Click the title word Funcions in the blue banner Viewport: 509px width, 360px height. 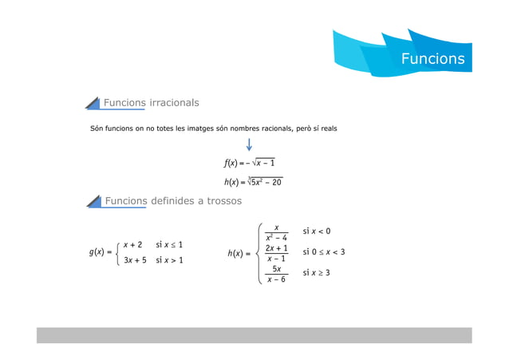tap(432, 59)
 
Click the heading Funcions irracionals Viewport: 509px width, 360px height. tap(151, 103)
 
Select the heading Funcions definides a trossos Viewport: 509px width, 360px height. tap(172, 201)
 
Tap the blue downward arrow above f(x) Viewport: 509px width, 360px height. tap(250, 144)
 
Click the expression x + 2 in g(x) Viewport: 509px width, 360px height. tap(132, 244)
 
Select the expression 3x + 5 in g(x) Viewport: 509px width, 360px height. tap(135, 260)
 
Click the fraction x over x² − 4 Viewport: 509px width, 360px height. tap(276, 232)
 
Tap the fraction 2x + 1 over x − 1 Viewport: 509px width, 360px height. tap(276, 254)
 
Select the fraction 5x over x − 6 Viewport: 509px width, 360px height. tap(276, 275)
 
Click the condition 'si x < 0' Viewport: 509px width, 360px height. tap(317, 231)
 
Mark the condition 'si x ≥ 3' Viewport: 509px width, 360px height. tap(317, 273)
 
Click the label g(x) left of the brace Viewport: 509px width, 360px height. tap(99, 252)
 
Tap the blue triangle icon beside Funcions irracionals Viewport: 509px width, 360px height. tap(93, 104)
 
